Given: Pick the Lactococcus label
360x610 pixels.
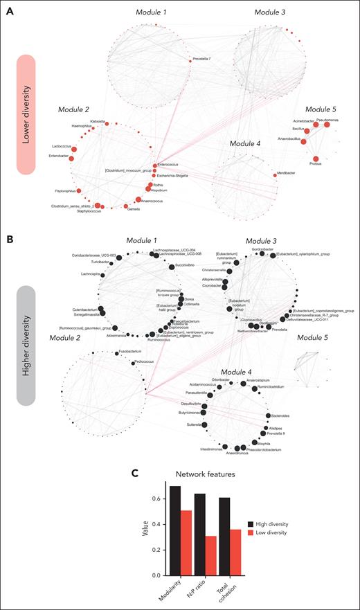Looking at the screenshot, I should (x=61, y=147).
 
